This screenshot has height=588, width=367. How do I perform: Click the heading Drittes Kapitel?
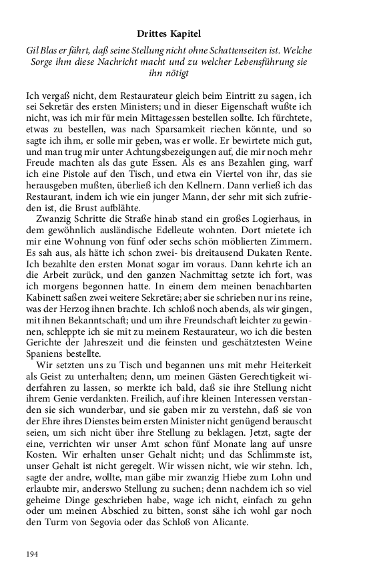183,33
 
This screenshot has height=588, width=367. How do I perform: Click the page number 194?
33,554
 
